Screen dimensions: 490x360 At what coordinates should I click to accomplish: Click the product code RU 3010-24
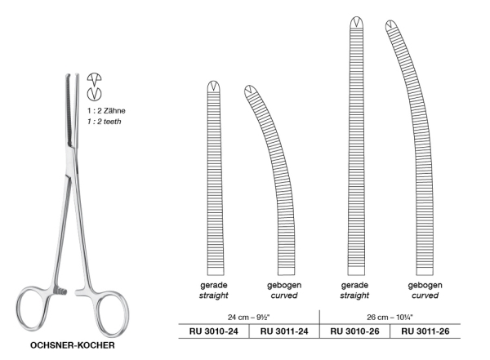click(214, 331)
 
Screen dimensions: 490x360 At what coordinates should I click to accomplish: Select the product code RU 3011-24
click(284, 331)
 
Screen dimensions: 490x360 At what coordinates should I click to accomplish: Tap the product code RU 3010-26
click(354, 331)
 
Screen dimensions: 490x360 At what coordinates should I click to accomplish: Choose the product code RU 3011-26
click(425, 331)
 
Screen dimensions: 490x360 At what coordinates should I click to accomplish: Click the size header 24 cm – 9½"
click(249, 318)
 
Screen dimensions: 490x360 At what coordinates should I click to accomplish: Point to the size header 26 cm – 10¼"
click(390, 318)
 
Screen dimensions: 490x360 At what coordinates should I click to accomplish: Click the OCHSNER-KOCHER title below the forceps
click(73, 345)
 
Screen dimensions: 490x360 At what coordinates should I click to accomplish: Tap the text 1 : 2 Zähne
click(106, 111)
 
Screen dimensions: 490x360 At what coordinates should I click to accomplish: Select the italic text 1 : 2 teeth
click(104, 122)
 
